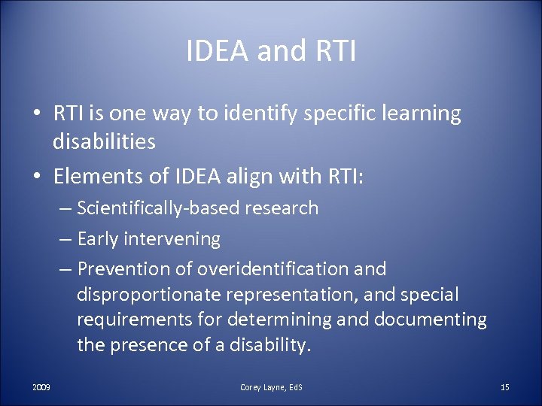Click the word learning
pos(422,114)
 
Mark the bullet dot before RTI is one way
pos(36,115)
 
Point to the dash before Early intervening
pos(65,240)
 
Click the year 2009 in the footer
pos(41,387)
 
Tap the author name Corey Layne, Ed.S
pos(271,387)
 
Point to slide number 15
pos(504,387)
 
